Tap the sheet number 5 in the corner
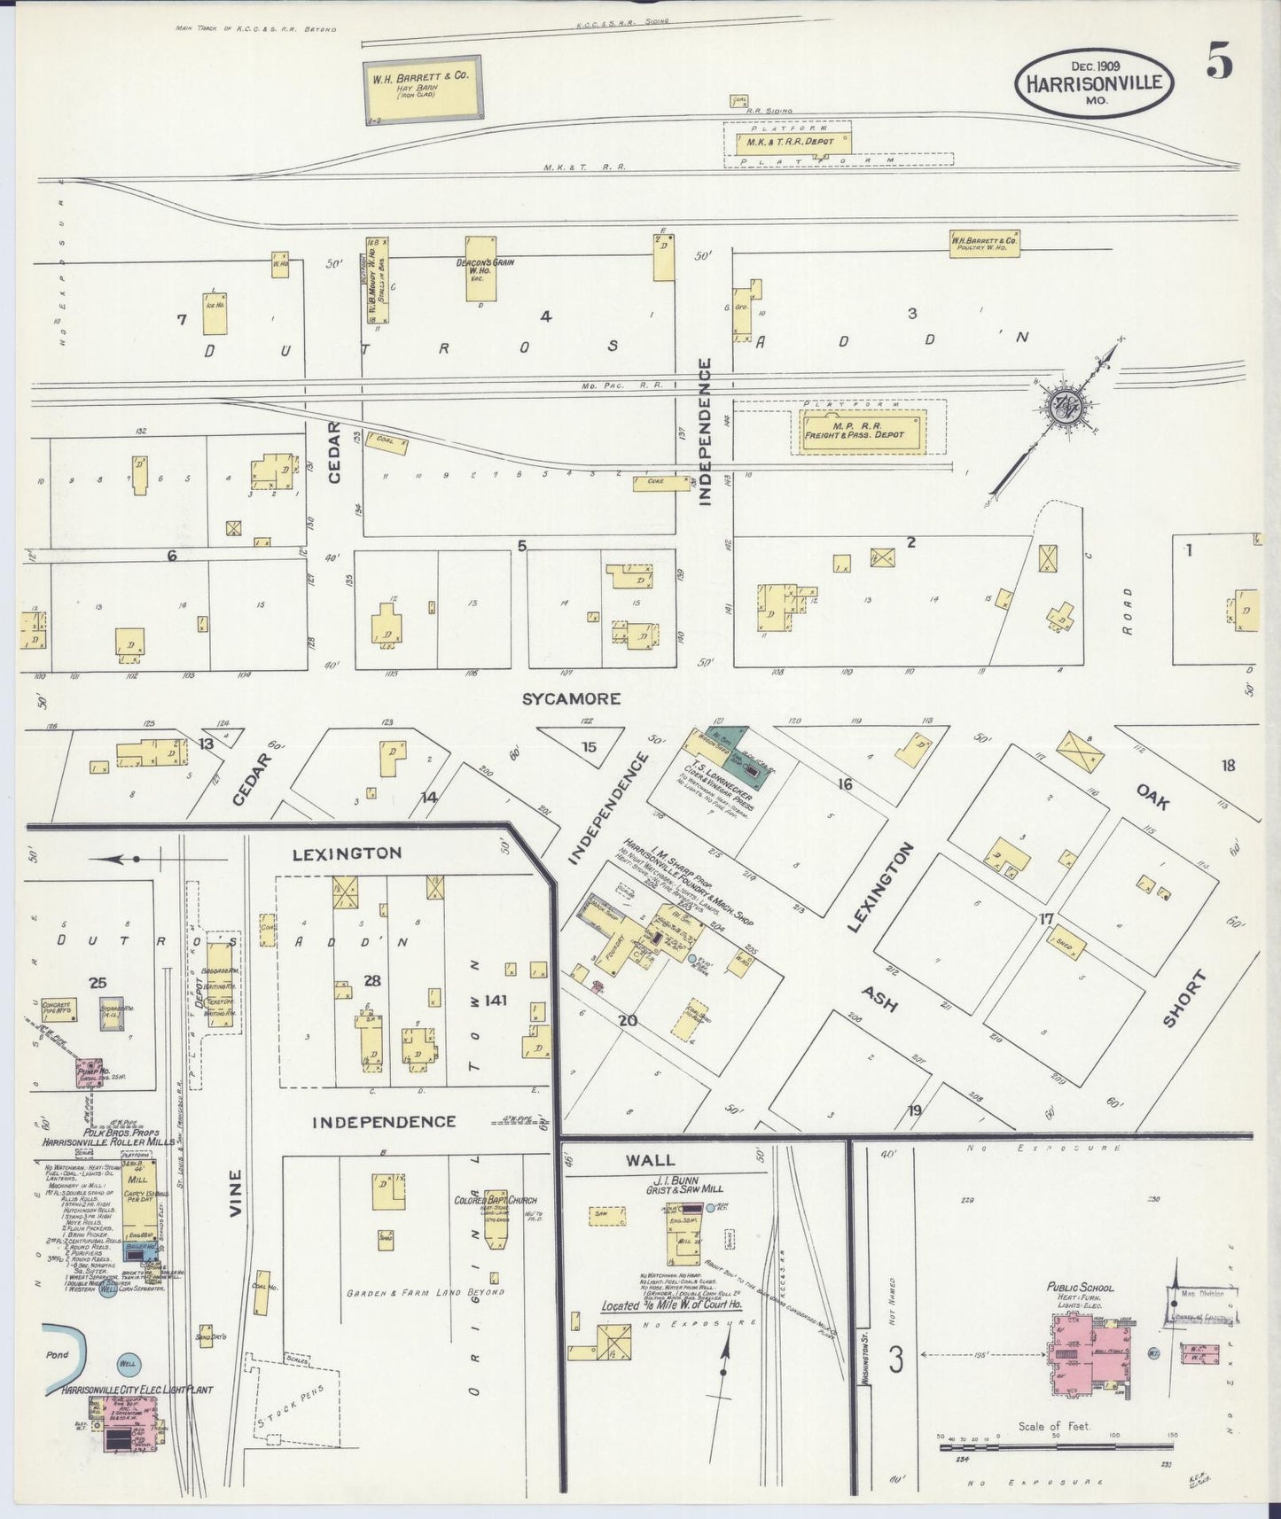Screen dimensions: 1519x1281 [1218, 61]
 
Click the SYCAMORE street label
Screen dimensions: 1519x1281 [571, 699]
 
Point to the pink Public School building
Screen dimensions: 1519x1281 [1089, 1355]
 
